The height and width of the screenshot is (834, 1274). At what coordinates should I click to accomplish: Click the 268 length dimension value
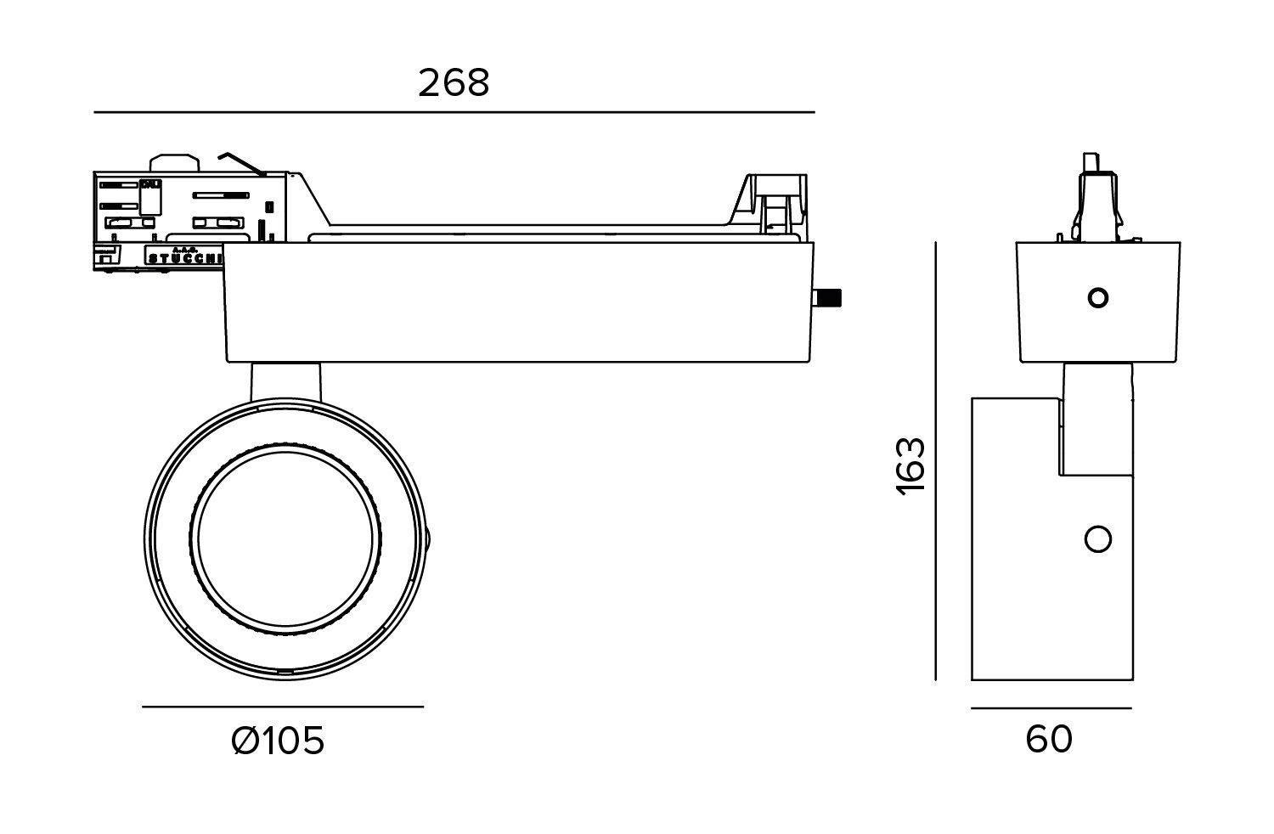coord(454,83)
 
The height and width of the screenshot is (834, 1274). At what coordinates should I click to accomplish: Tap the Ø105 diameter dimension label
coord(278,741)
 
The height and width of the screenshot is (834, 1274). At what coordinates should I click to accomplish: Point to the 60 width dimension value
coord(1049,740)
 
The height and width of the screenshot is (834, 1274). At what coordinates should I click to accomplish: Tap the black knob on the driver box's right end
coord(827,298)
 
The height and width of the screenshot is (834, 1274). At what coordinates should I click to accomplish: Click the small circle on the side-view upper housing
coord(1097,298)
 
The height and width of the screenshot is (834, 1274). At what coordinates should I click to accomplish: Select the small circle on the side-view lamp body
coord(1098,539)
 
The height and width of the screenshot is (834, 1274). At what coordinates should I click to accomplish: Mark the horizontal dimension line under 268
coord(454,112)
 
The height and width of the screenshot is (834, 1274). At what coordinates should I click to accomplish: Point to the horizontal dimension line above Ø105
coord(282,707)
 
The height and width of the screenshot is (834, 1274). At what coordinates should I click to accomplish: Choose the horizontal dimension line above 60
coord(1051,707)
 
